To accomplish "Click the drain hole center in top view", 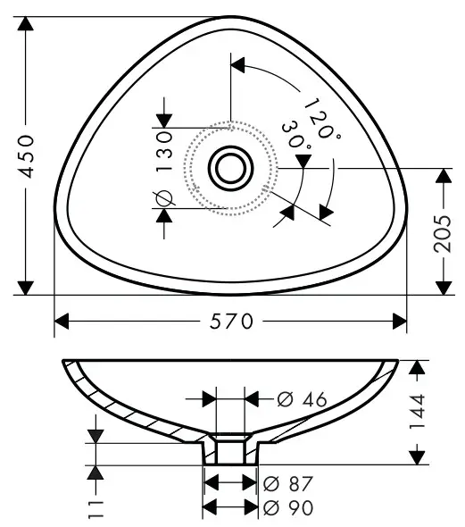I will tap(230, 166).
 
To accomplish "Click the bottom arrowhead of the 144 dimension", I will tap(417, 456).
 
